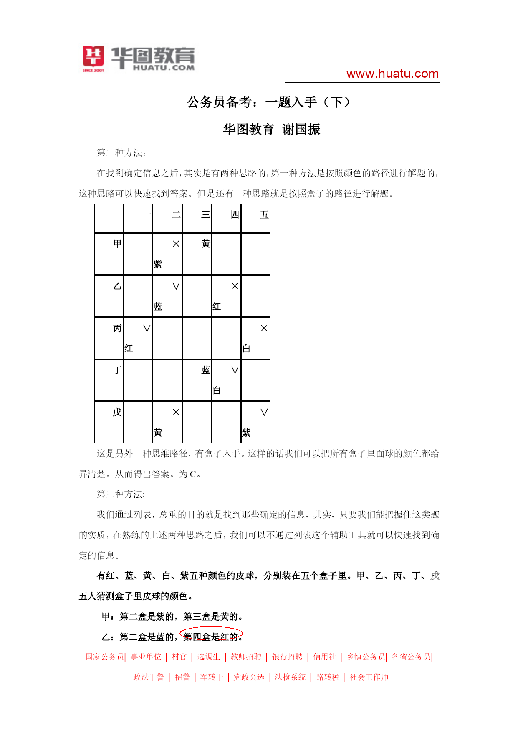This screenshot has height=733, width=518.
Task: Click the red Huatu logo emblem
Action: click(x=93, y=57)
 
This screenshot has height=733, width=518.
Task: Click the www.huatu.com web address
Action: click(x=392, y=74)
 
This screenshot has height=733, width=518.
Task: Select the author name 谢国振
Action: click(x=301, y=129)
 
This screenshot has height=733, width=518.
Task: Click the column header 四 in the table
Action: click(x=235, y=215)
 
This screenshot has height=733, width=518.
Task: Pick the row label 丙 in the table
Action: click(x=117, y=328)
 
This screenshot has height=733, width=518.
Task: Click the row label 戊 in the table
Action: click(x=117, y=412)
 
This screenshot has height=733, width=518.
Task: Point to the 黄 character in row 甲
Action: click(x=205, y=244)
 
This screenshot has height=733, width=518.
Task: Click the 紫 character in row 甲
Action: click(x=158, y=264)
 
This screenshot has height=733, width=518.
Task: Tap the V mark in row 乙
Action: click(x=176, y=286)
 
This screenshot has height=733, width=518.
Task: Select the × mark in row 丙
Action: click(x=264, y=328)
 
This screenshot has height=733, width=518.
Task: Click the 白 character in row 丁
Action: click(x=217, y=391)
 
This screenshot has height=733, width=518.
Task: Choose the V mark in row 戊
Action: click(x=264, y=412)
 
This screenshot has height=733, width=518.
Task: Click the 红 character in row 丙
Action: click(x=129, y=349)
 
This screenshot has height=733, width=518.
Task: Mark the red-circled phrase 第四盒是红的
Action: click(x=211, y=636)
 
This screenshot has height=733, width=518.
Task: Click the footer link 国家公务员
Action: click(x=105, y=657)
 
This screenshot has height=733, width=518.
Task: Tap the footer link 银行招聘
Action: click(x=287, y=657)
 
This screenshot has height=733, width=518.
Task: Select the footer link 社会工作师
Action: click(x=369, y=677)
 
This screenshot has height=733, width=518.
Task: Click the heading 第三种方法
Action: click(x=121, y=494)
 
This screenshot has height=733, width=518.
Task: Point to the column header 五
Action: click(x=264, y=215)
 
